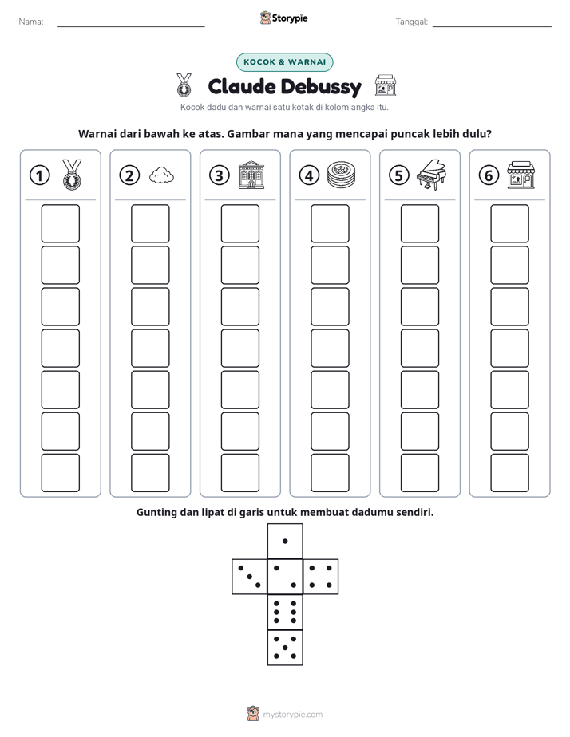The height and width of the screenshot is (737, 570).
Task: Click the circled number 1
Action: click(x=39, y=175)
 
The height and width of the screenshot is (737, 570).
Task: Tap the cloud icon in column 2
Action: click(x=161, y=175)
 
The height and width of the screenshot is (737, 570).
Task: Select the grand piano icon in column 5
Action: click(x=431, y=175)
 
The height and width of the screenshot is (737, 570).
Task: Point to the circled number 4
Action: click(x=309, y=175)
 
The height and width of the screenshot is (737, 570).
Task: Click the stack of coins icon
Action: click(x=341, y=175)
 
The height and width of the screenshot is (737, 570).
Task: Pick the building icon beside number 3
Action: click(x=251, y=175)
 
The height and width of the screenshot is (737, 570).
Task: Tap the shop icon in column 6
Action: click(x=521, y=175)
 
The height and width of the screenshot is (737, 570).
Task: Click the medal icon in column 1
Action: click(x=72, y=175)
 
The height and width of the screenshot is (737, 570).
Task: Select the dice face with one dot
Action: click(x=285, y=542)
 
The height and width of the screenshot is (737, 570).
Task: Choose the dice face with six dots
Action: click(x=285, y=612)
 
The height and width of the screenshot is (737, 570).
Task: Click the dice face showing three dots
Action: click(x=250, y=577)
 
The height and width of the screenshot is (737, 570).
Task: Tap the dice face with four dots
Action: click(x=321, y=577)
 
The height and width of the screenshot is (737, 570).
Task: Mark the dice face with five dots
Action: click(x=285, y=648)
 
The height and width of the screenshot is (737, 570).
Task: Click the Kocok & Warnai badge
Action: click(x=284, y=62)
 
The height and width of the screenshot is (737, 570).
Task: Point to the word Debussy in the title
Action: click(x=322, y=87)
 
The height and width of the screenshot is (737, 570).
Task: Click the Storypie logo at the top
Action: click(x=283, y=18)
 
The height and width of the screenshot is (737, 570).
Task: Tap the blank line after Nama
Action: click(x=131, y=27)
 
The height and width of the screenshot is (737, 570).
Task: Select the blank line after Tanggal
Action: click(x=492, y=27)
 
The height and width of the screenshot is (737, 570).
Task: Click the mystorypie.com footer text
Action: click(x=292, y=715)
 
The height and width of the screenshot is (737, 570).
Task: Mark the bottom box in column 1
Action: click(x=60, y=473)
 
